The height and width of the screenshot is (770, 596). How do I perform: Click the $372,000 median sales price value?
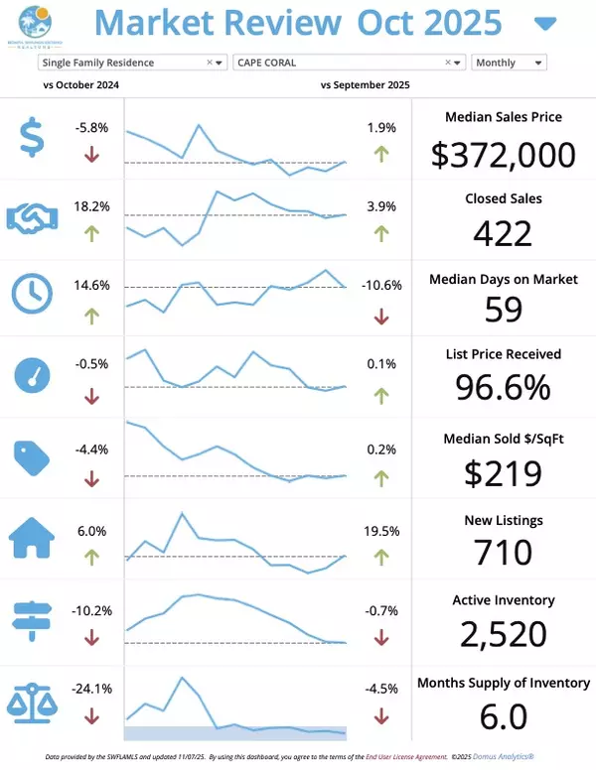click(x=503, y=154)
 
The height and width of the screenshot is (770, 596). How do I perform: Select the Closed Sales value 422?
click(x=503, y=232)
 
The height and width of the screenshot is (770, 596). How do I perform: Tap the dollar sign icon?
click(x=33, y=138)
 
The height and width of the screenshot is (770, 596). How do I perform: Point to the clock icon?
click(x=33, y=293)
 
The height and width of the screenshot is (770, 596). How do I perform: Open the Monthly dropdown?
click(x=509, y=63)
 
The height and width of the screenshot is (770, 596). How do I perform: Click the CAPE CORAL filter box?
click(x=349, y=63)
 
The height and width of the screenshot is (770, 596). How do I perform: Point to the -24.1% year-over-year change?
click(x=92, y=688)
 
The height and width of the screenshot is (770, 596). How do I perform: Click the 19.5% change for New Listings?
click(x=380, y=531)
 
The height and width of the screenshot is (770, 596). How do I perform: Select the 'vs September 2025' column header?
click(x=366, y=85)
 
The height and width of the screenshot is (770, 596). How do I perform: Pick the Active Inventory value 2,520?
click(x=503, y=633)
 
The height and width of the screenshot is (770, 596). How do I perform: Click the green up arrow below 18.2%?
click(x=92, y=234)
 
